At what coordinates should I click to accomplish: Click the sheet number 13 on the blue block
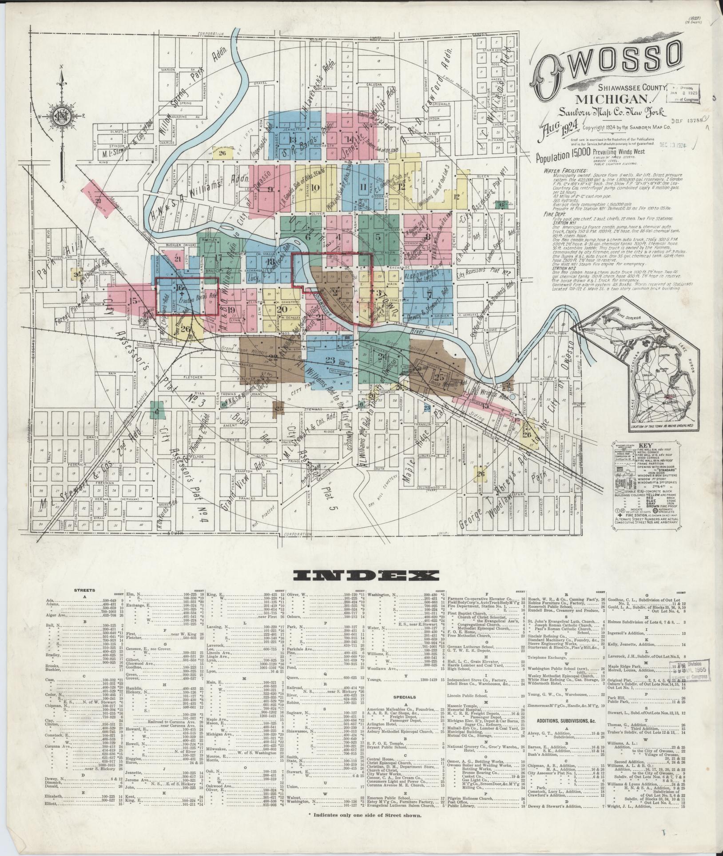point(292,140)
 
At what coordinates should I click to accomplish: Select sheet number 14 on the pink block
point(347,139)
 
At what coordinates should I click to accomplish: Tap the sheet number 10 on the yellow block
point(316,187)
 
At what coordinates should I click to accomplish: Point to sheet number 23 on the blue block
point(330,360)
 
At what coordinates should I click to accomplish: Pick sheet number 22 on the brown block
point(273,357)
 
